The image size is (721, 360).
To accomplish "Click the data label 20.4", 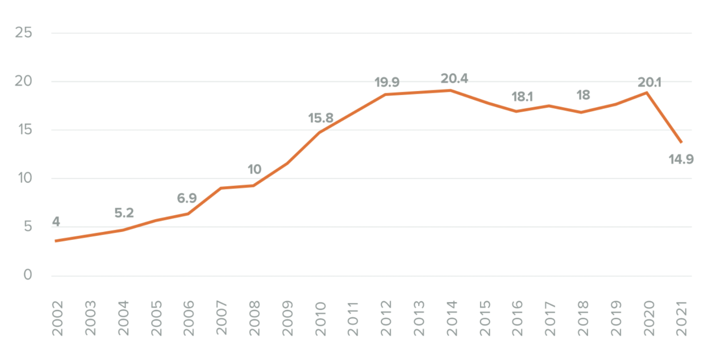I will pyautogui.click(x=454, y=79).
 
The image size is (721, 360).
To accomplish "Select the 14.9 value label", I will pyautogui.click(x=681, y=159).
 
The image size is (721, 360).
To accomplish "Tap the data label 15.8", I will pyautogui.click(x=320, y=118).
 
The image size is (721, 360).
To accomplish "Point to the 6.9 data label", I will pyautogui.click(x=187, y=198).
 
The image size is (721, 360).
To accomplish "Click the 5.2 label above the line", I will pyautogui.click(x=124, y=213).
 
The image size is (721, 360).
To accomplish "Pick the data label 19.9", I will pyautogui.click(x=387, y=82).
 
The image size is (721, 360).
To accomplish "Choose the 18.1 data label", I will pyautogui.click(x=522, y=97).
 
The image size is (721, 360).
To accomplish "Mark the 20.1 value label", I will pyautogui.click(x=649, y=82).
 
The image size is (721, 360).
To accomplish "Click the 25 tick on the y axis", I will pyautogui.click(x=23, y=32).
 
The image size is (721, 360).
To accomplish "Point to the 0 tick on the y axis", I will pyautogui.click(x=28, y=275).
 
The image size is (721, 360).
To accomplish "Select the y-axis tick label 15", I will pyautogui.click(x=25, y=129).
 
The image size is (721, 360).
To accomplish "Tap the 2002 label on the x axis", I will pyautogui.click(x=57, y=318).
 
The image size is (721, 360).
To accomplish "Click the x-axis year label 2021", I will pyautogui.click(x=682, y=318).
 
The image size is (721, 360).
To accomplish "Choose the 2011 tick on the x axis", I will pyautogui.click(x=353, y=318).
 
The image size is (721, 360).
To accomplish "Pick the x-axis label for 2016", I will pyautogui.click(x=517, y=318).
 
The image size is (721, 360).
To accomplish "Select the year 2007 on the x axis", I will pyautogui.click(x=221, y=318).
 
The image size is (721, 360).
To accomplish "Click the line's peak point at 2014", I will pyautogui.click(x=451, y=91).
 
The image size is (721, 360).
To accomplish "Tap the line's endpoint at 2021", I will pyautogui.click(x=681, y=142).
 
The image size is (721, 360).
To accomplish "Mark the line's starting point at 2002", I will pyautogui.click(x=56, y=241).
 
